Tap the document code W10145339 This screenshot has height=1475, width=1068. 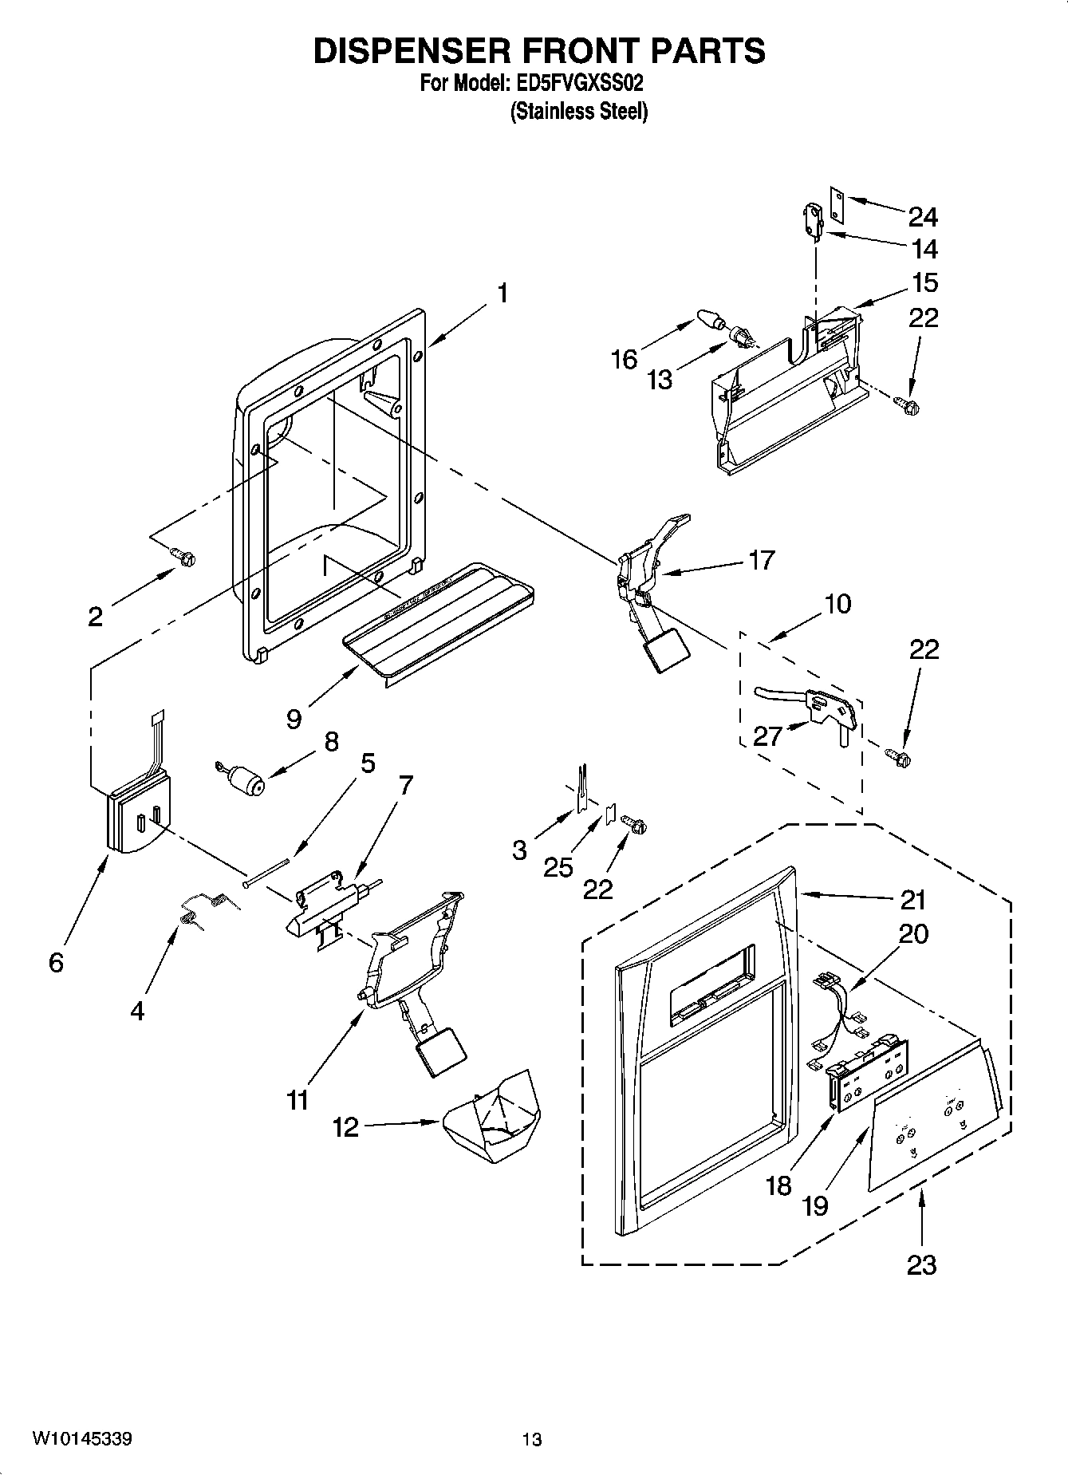point(81,1439)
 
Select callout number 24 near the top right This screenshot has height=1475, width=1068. point(923,216)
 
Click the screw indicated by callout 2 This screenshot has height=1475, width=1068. point(186,558)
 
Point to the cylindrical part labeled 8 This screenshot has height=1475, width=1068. point(244,779)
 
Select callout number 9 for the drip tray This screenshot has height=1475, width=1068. point(294,719)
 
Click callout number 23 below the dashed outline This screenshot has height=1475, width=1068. point(921,1264)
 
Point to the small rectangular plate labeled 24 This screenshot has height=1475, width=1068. point(837,203)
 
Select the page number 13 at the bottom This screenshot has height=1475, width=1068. point(532,1439)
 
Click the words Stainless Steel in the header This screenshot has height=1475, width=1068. point(578,112)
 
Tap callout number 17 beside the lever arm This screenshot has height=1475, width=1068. point(761,560)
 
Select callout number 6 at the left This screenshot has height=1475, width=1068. point(55,963)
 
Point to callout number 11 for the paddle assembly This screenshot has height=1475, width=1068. point(297,1100)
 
